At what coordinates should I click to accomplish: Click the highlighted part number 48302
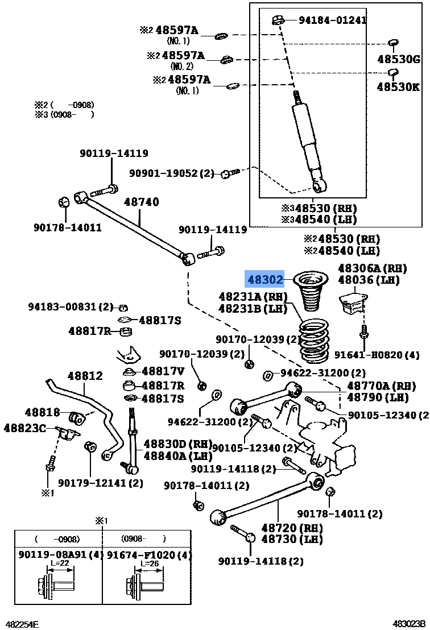pos(264,279)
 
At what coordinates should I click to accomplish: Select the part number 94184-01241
pos(332,21)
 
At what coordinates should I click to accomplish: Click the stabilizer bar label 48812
pos(85,376)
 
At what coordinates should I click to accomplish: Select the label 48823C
pos(24,428)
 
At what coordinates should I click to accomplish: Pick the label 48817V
pos(163,371)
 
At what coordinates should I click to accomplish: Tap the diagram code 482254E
pos(22,624)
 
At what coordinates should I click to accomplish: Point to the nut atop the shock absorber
pos(278,20)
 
